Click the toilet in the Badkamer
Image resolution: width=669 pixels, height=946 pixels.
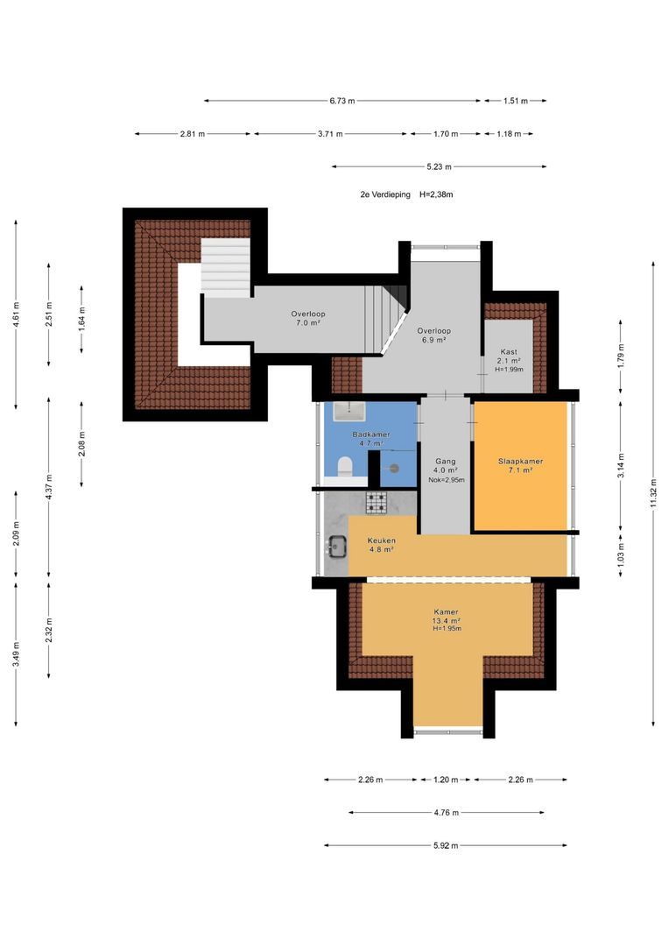pos(344,466)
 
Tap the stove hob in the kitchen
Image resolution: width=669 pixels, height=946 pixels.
pos(377,503)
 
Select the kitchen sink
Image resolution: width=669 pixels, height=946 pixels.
pos(335,547)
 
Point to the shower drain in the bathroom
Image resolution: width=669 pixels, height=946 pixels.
pos(394,468)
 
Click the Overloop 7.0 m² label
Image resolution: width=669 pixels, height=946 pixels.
pos(307,318)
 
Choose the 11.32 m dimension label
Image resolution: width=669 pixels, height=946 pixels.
pos(653,493)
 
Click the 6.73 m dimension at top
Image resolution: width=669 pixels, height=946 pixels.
pos(342,101)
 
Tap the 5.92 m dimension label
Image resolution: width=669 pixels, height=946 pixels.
pos(446,845)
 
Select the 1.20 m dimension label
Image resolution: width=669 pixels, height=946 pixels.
pos(446,780)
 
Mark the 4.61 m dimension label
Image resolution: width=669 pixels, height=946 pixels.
pos(17,315)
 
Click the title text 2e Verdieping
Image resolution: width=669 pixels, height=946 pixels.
pos(385,194)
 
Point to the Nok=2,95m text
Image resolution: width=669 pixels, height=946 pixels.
pos(447,480)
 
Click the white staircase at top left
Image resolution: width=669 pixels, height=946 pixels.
pos(225,266)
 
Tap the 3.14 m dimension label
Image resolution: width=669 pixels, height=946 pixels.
pos(621,465)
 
